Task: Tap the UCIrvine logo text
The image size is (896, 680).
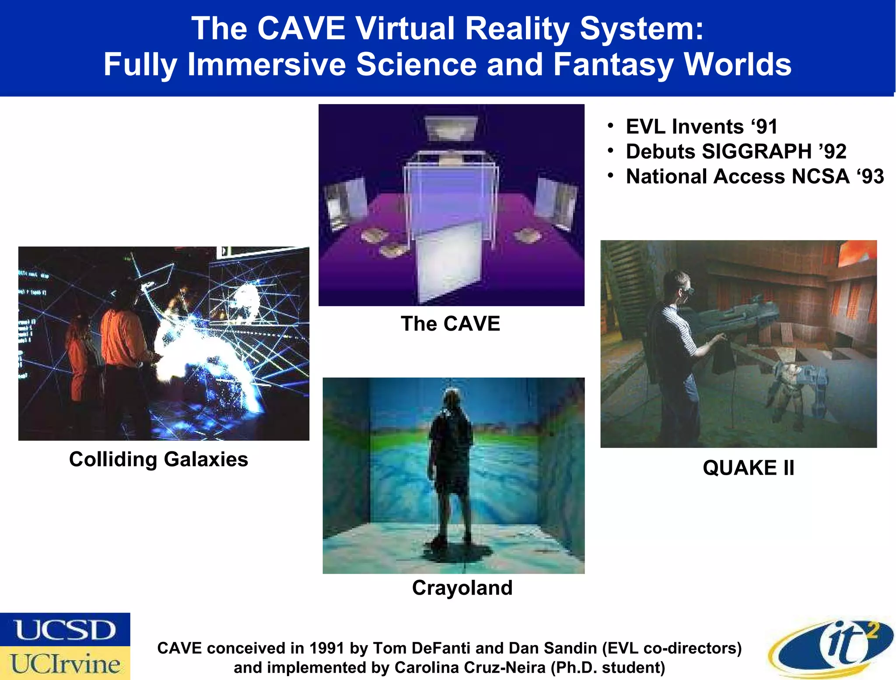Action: tap(65, 664)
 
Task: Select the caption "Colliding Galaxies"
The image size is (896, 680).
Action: tap(158, 459)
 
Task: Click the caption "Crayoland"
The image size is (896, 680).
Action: tap(462, 588)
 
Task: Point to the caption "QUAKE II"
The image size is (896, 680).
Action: tap(748, 468)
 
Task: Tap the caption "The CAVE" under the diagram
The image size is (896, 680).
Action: tap(450, 324)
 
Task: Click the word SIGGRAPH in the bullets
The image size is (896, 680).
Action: tap(756, 152)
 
